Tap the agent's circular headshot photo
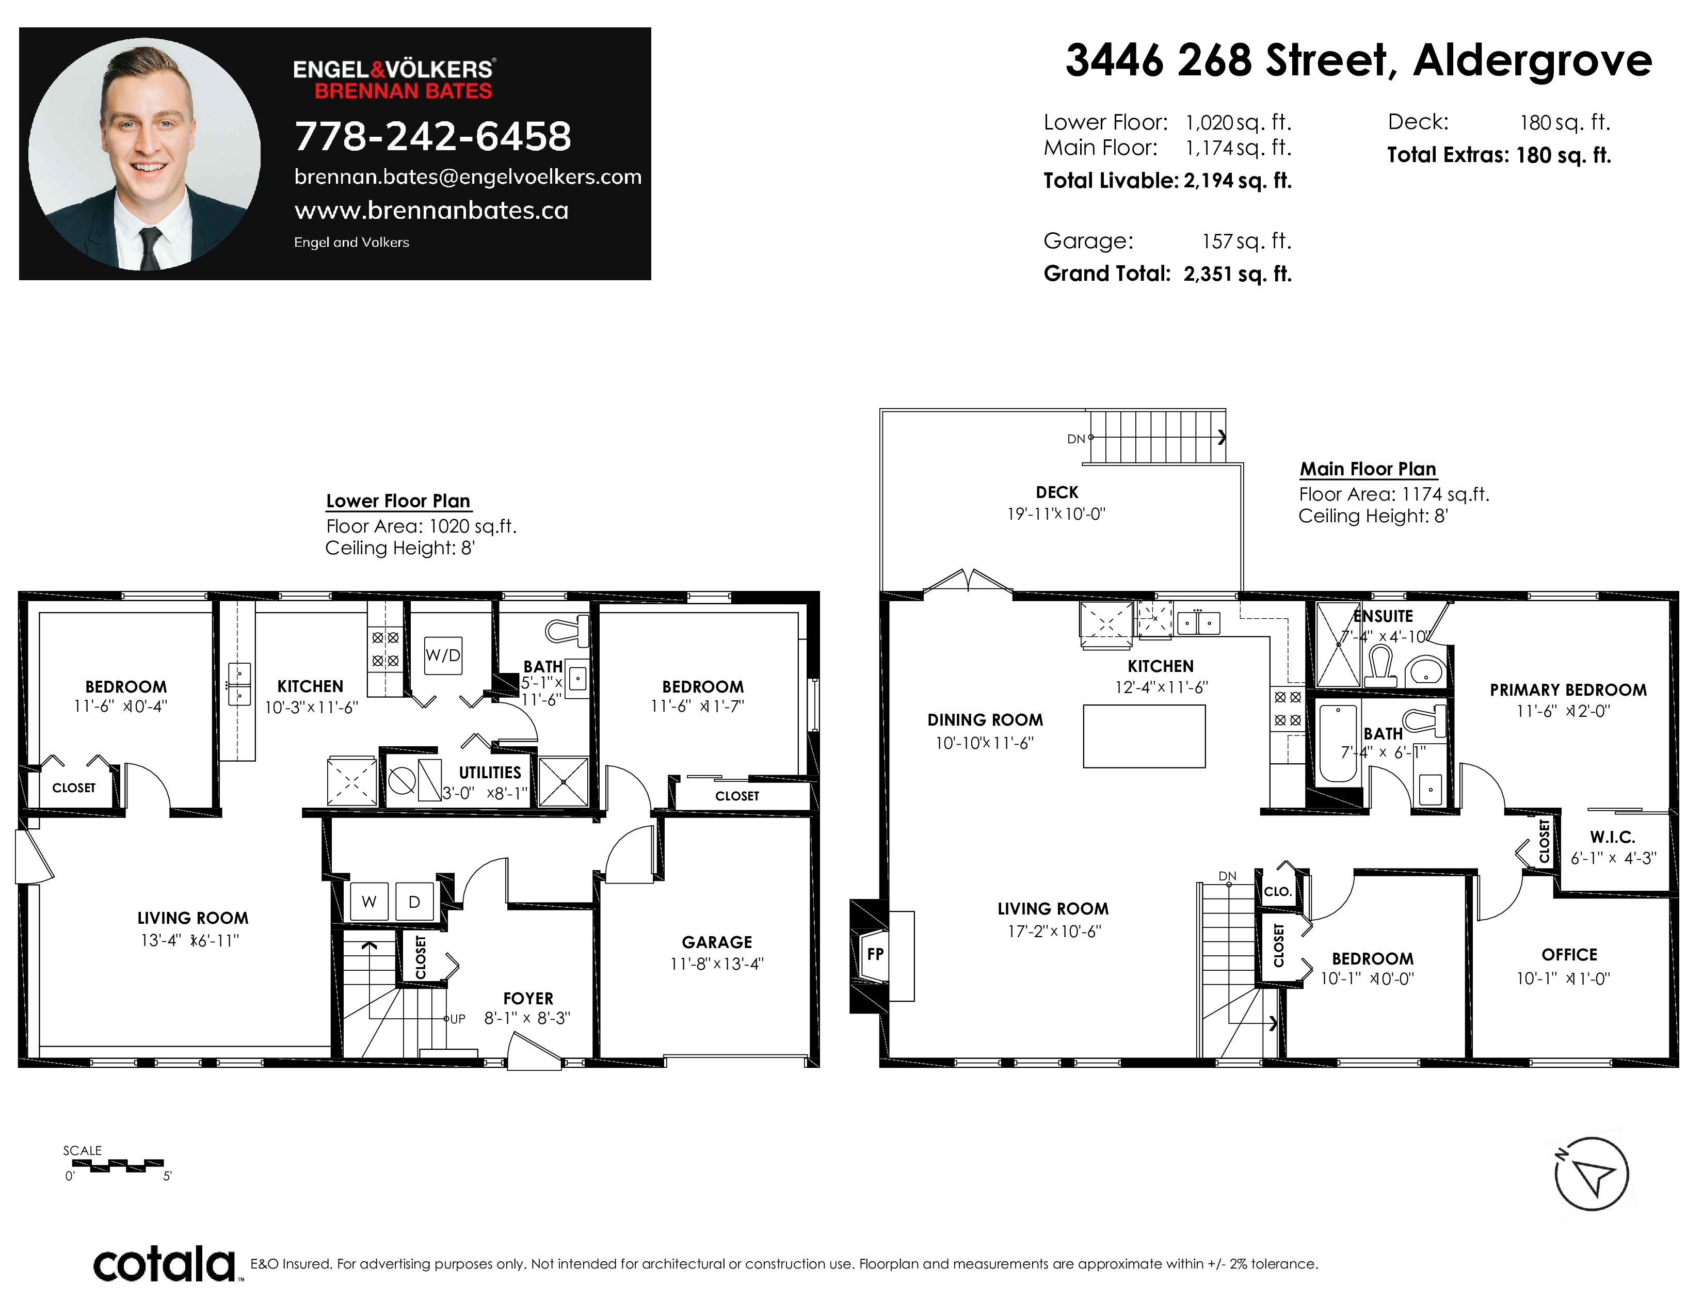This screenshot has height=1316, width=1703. click(x=144, y=154)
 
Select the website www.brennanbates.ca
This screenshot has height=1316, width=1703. click(x=431, y=211)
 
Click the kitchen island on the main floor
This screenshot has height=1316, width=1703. click(x=1144, y=736)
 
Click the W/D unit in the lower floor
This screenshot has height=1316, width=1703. click(x=443, y=655)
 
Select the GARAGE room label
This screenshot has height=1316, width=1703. click(x=717, y=942)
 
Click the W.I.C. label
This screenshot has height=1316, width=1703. click(x=1613, y=837)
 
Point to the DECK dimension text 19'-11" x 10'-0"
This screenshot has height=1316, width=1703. click(x=1056, y=514)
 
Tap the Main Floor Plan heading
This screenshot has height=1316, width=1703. click(x=1368, y=469)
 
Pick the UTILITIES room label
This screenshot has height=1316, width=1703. click(x=490, y=773)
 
